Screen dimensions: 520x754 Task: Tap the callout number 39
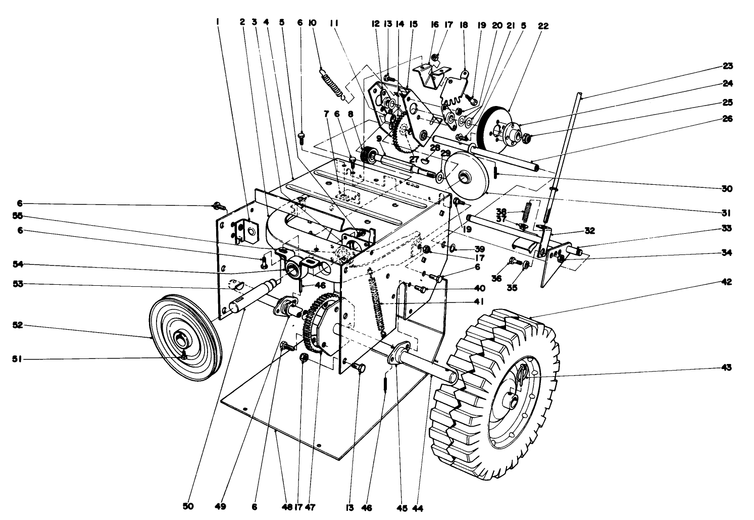[x=479, y=249]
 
